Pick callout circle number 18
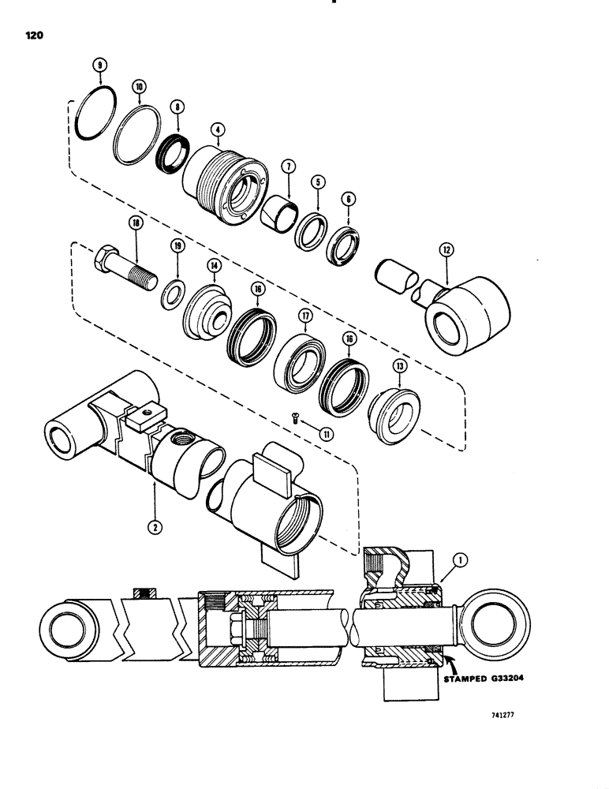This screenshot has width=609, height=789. (x=138, y=224)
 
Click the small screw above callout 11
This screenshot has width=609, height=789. (x=294, y=419)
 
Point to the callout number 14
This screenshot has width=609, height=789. (x=212, y=267)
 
